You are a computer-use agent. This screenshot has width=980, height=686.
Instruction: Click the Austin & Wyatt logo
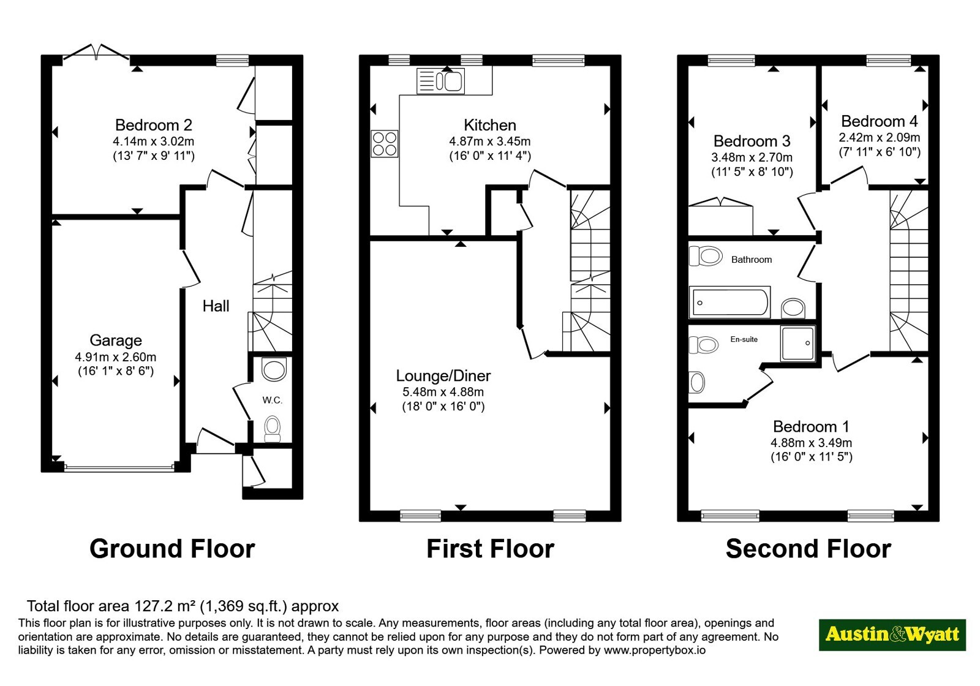892,635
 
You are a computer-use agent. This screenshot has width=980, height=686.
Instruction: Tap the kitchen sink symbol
440,81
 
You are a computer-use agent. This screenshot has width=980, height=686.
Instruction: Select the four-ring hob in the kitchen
385,143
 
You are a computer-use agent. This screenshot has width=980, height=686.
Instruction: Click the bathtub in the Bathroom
729,301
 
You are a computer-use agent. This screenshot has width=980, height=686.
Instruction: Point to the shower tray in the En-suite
798,344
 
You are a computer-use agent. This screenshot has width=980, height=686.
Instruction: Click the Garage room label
116,341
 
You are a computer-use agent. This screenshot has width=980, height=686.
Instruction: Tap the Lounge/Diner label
443,375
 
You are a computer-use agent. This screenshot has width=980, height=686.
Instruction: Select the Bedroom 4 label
880,121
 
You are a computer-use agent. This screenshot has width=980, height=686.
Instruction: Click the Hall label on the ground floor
216,306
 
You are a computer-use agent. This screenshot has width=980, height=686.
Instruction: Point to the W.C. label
272,400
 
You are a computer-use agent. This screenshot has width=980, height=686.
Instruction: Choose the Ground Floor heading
172,549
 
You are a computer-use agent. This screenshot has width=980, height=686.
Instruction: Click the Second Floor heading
809,549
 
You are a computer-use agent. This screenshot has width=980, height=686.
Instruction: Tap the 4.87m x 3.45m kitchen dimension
489,141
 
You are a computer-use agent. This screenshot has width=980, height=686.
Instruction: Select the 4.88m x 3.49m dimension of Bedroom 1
811,443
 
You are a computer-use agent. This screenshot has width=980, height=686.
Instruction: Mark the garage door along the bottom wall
119,467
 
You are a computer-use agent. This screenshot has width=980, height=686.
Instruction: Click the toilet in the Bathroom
705,256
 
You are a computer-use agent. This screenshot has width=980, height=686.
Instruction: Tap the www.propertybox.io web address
655,650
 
